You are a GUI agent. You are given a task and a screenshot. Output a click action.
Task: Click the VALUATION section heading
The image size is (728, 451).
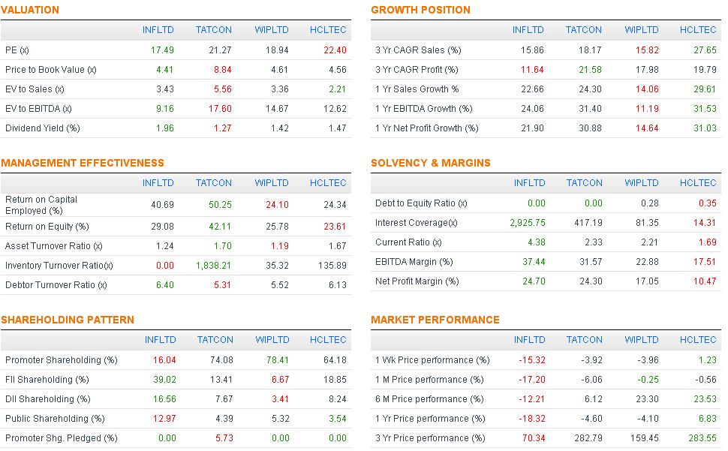click(30, 10)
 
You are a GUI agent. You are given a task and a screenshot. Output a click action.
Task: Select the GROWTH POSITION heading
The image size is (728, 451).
click(420, 10)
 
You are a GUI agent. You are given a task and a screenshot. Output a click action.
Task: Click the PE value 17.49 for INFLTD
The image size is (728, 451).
click(161, 50)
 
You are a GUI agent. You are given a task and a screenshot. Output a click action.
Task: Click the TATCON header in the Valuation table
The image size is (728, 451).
click(214, 30)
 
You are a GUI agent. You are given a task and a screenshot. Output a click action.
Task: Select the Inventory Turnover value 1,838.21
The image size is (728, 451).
click(214, 266)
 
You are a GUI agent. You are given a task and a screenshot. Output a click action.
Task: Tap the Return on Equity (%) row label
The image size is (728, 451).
click(47, 227)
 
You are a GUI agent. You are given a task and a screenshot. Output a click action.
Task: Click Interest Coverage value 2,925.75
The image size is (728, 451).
click(526, 223)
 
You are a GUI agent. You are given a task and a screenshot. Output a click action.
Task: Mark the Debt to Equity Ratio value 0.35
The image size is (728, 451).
click(707, 203)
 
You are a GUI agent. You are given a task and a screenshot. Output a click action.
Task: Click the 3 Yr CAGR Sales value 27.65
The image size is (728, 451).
click(704, 50)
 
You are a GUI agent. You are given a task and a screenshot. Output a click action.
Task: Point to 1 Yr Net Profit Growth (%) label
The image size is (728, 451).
click(426, 128)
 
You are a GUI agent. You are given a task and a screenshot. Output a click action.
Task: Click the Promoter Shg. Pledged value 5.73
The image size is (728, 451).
click(222, 438)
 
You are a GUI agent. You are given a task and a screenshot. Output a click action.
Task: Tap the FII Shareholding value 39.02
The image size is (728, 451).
click(161, 380)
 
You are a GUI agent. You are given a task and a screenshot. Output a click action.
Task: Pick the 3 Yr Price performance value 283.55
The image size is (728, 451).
click(702, 438)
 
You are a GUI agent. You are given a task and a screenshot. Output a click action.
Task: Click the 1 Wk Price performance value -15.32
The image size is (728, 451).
click(531, 360)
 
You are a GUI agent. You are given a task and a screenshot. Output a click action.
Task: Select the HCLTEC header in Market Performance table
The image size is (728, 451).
click(698, 340)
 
